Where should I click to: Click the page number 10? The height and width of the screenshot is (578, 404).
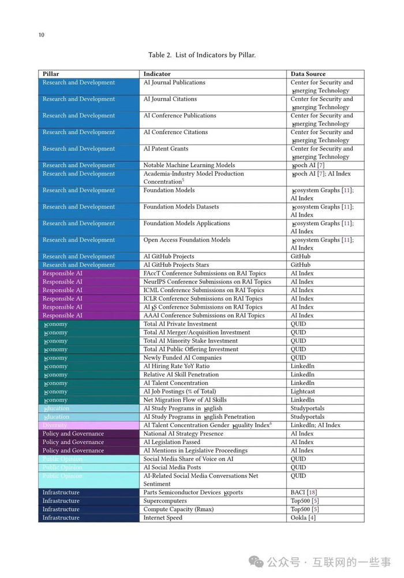(x=41, y=35)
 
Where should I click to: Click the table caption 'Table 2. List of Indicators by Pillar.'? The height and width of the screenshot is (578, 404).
(x=201, y=55)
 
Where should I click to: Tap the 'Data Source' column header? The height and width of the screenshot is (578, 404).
(x=308, y=74)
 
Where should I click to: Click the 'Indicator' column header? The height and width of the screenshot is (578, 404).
(x=157, y=74)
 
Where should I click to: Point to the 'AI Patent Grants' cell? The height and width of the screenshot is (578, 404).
(x=166, y=149)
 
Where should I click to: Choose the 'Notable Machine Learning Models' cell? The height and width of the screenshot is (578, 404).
(x=189, y=165)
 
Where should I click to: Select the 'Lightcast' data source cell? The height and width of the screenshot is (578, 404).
(x=303, y=391)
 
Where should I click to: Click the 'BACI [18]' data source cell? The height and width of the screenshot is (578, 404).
(x=304, y=492)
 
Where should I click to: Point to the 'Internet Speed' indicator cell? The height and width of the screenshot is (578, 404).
(x=163, y=517)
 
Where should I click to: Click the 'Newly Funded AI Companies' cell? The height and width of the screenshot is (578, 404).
(x=182, y=358)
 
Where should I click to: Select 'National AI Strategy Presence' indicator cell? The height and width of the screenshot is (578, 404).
(x=183, y=433)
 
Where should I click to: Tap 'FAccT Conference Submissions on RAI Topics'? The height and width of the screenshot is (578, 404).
(x=204, y=273)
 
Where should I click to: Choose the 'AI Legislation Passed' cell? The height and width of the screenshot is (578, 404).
(x=172, y=442)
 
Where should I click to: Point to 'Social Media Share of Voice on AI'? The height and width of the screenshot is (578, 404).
(x=188, y=459)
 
